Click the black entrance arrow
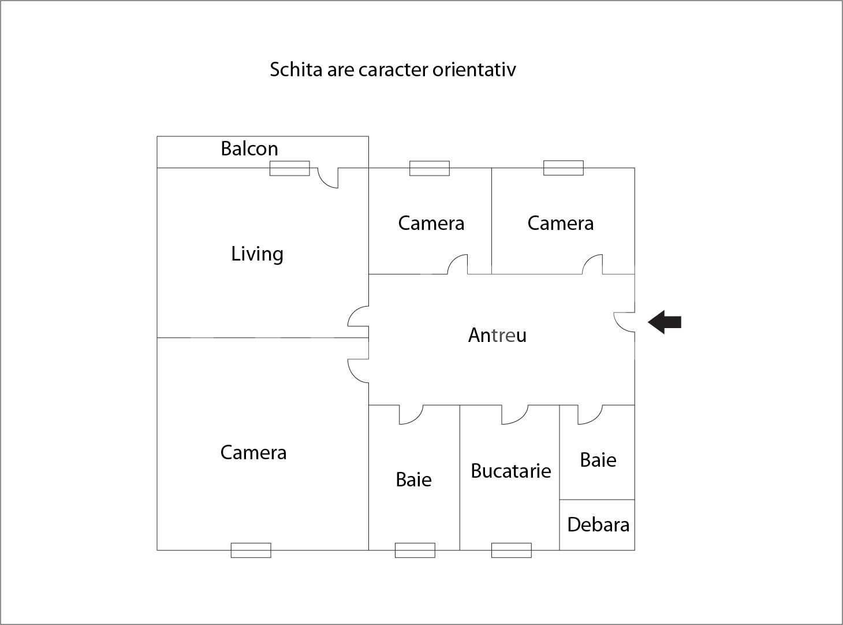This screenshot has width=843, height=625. point(665,322)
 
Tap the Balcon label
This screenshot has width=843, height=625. point(249,148)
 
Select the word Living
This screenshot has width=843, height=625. point(258,254)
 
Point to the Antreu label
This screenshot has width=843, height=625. point(497,335)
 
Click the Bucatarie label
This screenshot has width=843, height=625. point(511,471)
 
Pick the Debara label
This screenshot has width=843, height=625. point(598,525)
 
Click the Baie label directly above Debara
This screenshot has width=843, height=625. point(598,460)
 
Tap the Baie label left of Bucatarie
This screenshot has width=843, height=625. point(413,479)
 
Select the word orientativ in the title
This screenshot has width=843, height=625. point(474,70)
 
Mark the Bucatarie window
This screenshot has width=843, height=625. point(511,550)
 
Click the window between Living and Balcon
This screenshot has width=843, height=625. point(290,168)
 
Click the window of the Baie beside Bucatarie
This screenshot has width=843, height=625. point(415,550)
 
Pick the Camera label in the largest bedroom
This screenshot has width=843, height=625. point(253,453)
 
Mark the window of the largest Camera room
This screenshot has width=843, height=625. point(251,550)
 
